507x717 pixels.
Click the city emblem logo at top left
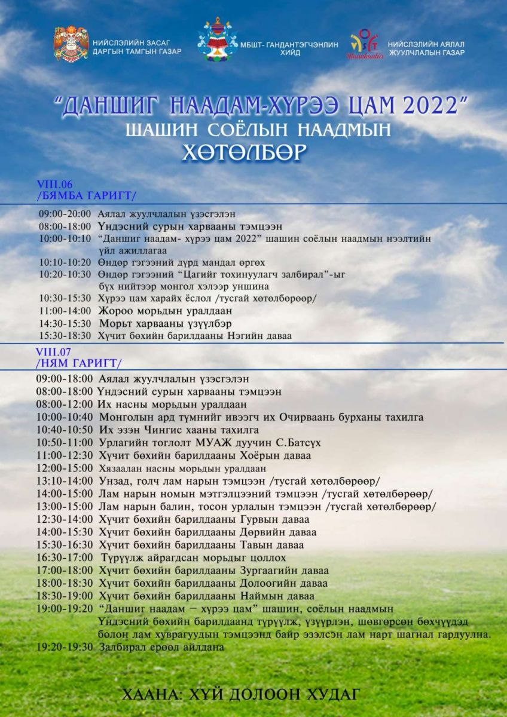click(71, 44)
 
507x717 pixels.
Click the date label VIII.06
click(54, 185)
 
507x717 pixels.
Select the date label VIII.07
click(53, 352)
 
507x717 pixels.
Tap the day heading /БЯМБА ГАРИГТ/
click(87, 195)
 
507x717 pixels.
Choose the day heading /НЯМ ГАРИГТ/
click(79, 363)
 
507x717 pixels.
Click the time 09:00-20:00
click(65, 213)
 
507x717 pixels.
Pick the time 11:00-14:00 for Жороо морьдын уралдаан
click(65, 311)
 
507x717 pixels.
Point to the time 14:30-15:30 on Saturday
click(65, 323)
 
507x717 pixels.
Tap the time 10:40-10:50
click(65, 430)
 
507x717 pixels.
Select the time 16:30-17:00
click(65, 558)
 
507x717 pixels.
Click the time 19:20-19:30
click(65, 647)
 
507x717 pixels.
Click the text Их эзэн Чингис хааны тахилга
click(179, 430)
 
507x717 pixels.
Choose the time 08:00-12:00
click(65, 405)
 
